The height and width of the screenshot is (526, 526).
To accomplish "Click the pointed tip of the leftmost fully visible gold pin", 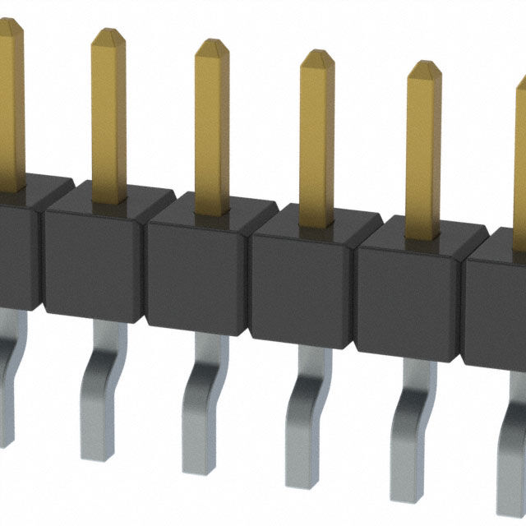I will (x=108, y=35).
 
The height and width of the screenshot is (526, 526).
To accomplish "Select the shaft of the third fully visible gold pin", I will (x=317, y=148).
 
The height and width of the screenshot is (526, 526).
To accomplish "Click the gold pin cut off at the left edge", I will (x=10, y=99).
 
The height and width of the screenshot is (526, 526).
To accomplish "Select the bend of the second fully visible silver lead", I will (x=201, y=386).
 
